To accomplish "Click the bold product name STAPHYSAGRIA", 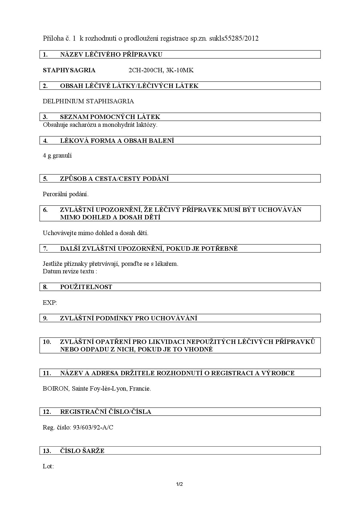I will (69, 70).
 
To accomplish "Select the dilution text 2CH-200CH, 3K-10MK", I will (161, 70).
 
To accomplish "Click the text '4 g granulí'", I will (57, 156).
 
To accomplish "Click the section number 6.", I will (45, 210).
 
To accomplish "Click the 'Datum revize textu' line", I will (70, 271).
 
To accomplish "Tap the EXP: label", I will (50, 303).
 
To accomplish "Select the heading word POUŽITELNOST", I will (86, 287).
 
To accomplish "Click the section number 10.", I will (47, 342).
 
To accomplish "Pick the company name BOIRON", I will (55, 389).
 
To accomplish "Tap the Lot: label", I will (48, 466).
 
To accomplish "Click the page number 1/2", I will (179, 484).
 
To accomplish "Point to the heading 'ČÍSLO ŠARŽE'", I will (82, 451).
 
